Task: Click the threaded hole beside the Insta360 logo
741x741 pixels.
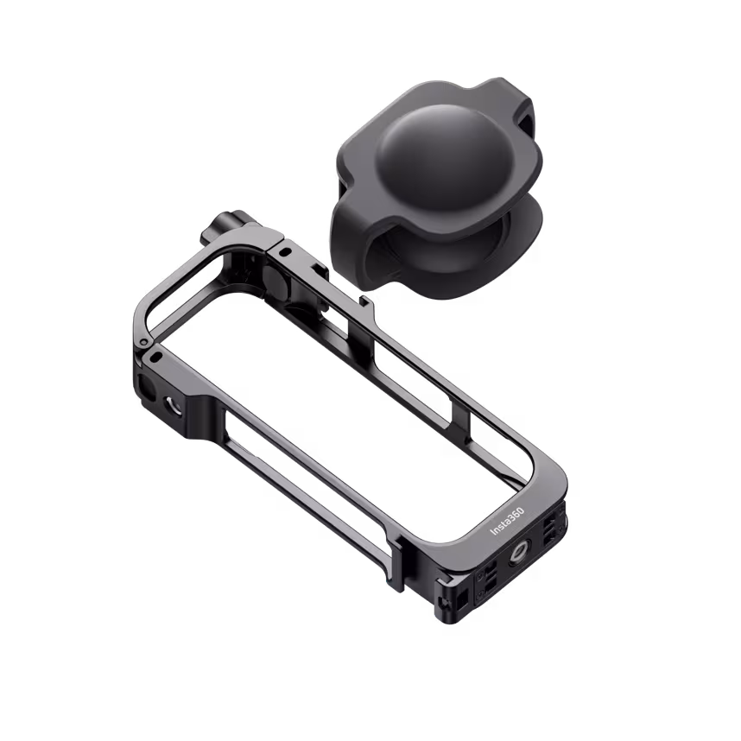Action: point(523,549)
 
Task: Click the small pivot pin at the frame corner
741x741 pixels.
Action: point(153,354)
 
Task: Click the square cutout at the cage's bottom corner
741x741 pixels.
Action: point(460,596)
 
